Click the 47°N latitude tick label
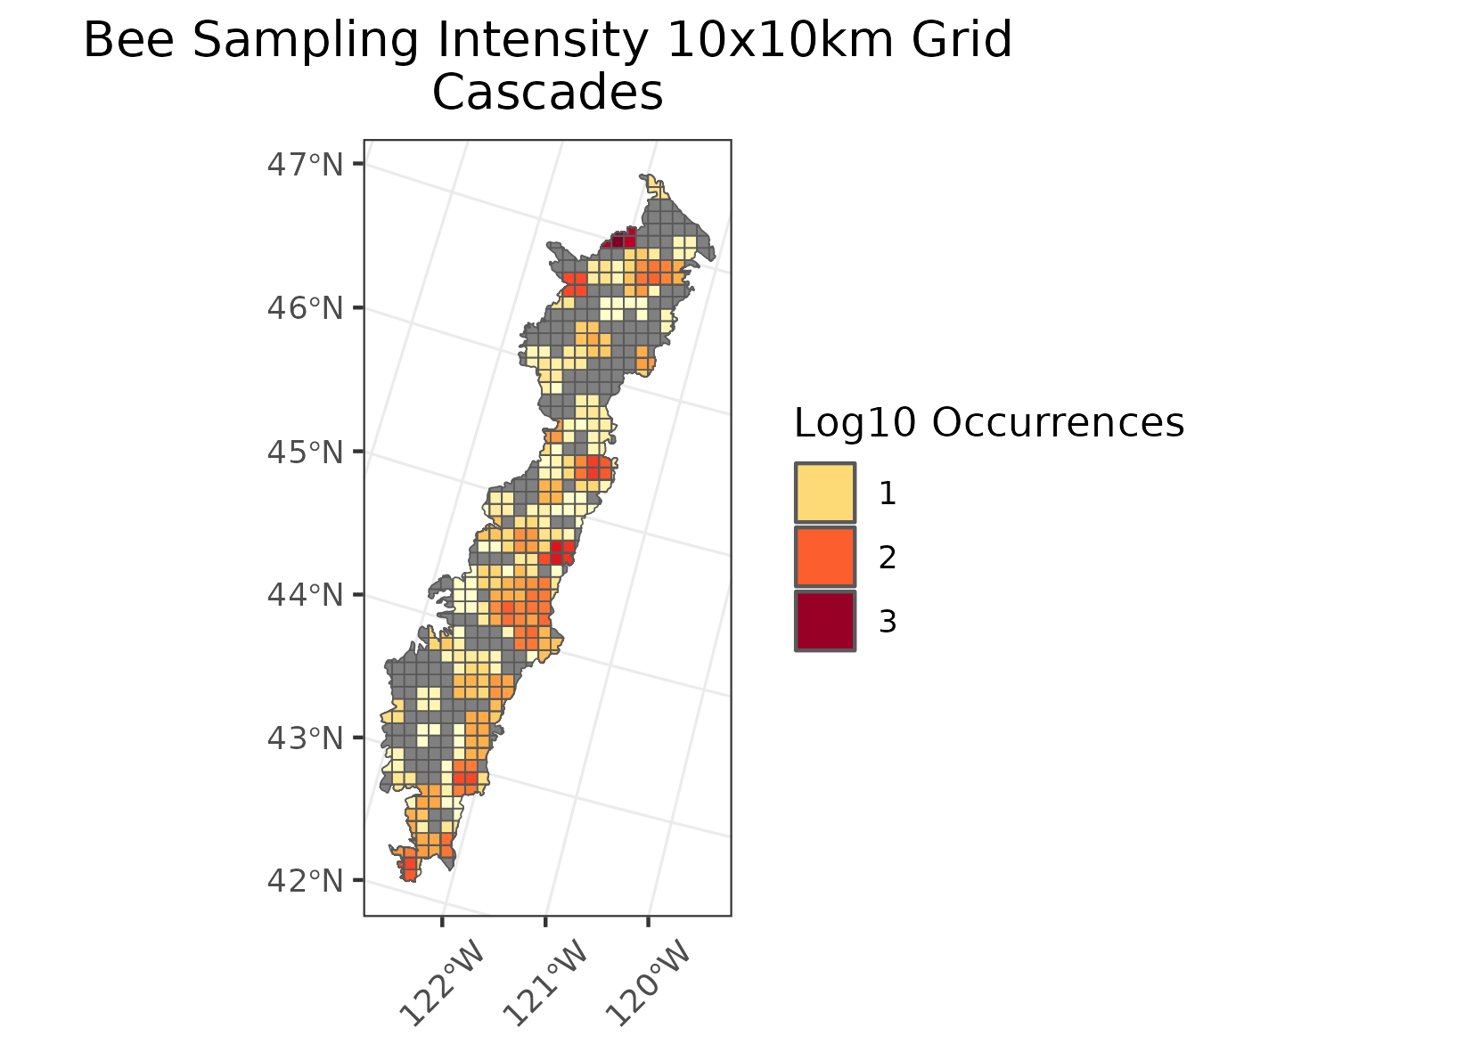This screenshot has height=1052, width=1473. [x=305, y=165]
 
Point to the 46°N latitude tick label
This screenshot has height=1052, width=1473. [x=305, y=308]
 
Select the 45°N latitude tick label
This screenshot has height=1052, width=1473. [x=305, y=452]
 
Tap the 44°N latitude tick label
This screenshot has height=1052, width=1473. [x=305, y=594]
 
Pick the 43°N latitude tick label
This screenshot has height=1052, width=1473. [x=305, y=738]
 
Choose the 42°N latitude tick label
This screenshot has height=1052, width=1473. [x=305, y=881]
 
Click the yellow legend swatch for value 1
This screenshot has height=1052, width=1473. [x=825, y=493]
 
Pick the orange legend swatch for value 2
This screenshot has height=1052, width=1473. [x=825, y=557]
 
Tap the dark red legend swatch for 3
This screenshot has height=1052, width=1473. [x=825, y=621]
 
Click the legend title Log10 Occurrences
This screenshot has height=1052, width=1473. [x=988, y=423]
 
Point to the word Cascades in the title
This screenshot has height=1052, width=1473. [x=547, y=93]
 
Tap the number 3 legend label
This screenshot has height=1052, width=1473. [x=887, y=622]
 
